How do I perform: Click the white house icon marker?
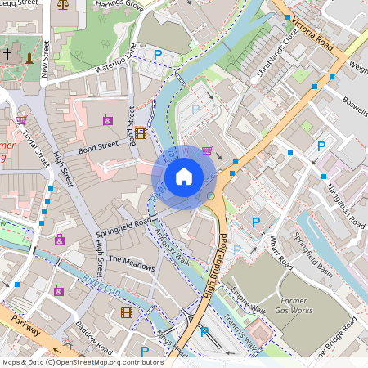click(x=184, y=177)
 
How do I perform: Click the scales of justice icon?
click(x=65, y=4)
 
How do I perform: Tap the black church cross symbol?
click(x=8, y=55)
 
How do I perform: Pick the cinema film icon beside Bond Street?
click(x=141, y=133)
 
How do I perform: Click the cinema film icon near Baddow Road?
click(x=126, y=312)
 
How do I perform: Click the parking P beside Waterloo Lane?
click(x=158, y=54)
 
